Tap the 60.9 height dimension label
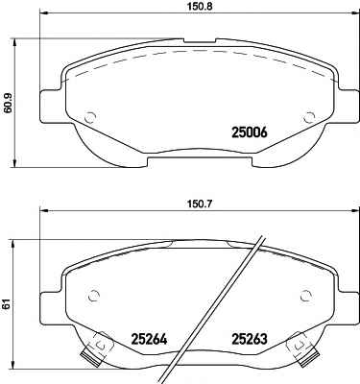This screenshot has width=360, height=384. click(7, 103)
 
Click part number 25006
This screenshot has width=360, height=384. click(249, 132)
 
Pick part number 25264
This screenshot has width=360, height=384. click(149, 339)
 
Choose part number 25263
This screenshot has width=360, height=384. click(249, 339)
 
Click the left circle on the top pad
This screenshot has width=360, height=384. click(90, 118)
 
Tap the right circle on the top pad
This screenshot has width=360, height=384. click(309, 118)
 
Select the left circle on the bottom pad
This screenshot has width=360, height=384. click(93, 295)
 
